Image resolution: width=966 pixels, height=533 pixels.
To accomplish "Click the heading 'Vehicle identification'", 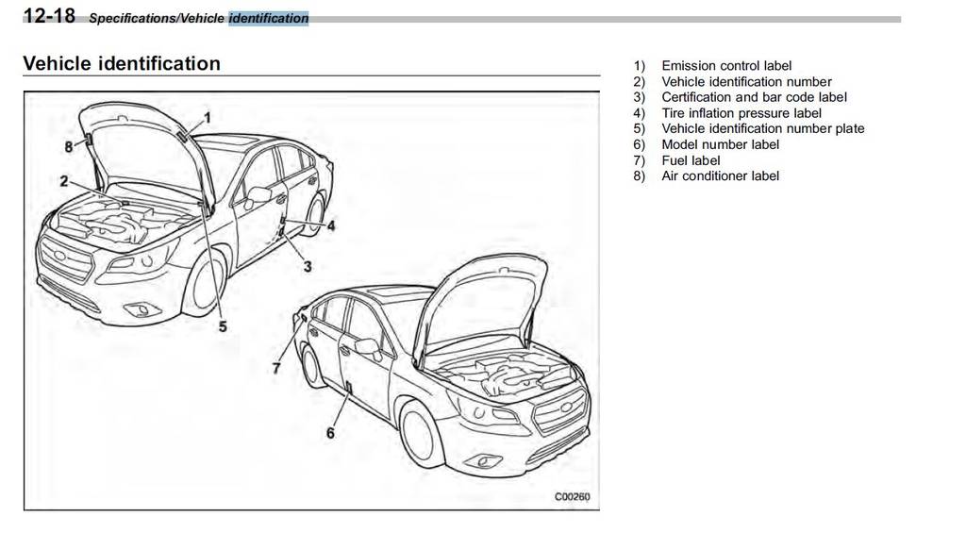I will click(121, 64).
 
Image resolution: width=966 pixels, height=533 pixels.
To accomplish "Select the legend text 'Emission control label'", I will click(726, 66).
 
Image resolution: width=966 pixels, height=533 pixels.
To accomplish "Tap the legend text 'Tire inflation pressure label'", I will click(741, 113).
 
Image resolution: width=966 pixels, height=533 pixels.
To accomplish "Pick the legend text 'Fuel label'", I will click(691, 160).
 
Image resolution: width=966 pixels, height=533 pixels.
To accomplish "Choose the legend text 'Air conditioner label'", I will click(721, 175).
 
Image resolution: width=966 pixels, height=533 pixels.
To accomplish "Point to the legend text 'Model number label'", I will click(721, 144).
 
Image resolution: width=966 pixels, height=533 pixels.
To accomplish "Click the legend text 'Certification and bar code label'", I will click(754, 97).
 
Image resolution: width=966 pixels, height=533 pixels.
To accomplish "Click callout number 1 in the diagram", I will click(208, 116).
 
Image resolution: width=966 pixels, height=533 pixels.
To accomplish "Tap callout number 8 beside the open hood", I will click(68, 146).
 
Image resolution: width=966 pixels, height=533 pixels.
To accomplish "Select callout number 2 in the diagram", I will click(64, 181).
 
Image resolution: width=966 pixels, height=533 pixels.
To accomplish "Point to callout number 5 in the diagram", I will click(223, 326).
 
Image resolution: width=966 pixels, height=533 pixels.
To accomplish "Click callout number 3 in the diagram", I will click(308, 267).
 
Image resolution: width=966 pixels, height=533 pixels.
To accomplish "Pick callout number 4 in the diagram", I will click(331, 225).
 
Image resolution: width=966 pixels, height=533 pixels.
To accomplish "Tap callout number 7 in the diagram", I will click(276, 368).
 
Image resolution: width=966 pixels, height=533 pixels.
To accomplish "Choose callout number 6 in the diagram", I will click(330, 433).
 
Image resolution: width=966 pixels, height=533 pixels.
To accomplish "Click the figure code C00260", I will click(572, 497).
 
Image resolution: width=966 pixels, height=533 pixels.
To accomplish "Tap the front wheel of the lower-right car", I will click(422, 435).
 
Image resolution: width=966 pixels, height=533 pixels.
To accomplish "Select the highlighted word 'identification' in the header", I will click(268, 18).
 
